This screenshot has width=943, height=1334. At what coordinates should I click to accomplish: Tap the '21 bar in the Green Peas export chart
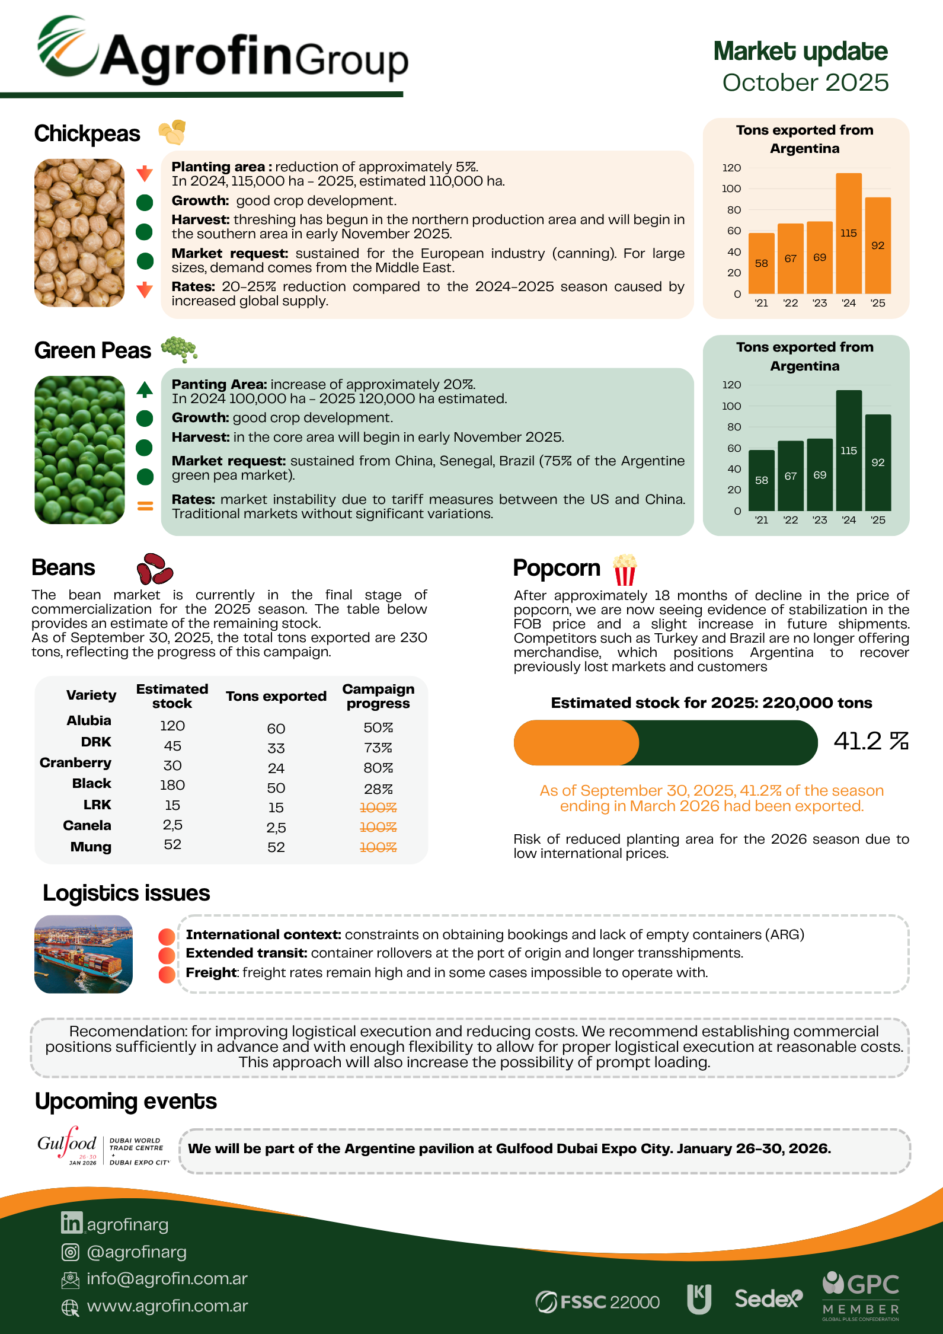[761, 480]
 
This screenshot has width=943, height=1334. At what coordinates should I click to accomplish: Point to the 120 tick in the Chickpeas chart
[731, 168]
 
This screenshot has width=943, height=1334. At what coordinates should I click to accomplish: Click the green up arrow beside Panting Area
[145, 390]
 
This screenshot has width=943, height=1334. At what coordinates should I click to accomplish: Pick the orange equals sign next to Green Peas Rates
[145, 506]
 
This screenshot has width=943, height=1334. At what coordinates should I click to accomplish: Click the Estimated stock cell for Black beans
[172, 785]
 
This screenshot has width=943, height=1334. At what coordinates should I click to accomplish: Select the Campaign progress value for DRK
[378, 748]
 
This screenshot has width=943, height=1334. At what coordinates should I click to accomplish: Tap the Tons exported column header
[276, 696]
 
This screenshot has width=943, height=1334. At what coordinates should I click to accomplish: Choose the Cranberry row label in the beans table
[75, 762]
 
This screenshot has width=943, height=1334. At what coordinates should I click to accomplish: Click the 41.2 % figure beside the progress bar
[871, 741]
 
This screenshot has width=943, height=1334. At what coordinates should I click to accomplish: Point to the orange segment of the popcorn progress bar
[576, 743]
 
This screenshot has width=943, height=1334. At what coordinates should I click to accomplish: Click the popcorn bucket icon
[625, 570]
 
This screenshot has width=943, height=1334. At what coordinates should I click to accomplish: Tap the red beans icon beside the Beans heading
[154, 569]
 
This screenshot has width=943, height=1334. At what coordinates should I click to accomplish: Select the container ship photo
[84, 954]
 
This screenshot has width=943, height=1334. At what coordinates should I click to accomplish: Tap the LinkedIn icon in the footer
[72, 1223]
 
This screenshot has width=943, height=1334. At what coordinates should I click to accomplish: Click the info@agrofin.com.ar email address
[167, 1278]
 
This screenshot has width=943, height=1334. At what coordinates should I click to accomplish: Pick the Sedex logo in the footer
[768, 1298]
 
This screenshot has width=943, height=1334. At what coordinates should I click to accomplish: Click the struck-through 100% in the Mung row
[378, 847]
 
